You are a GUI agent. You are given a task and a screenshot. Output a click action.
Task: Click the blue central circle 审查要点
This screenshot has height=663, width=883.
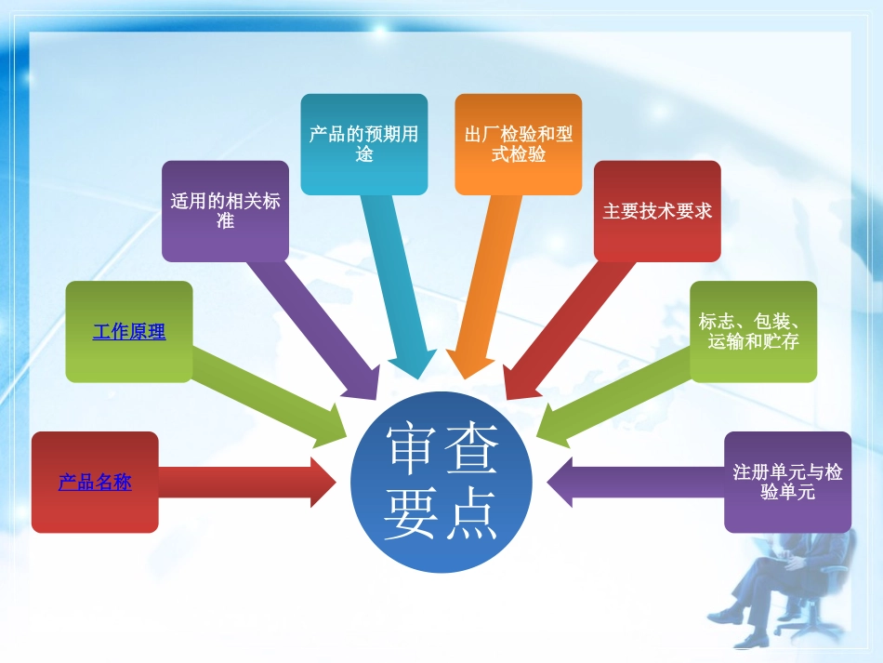441,484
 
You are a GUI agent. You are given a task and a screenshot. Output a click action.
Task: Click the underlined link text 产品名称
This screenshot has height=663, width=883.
95,483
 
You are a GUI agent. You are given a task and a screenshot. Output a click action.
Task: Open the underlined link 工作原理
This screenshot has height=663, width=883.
128,331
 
